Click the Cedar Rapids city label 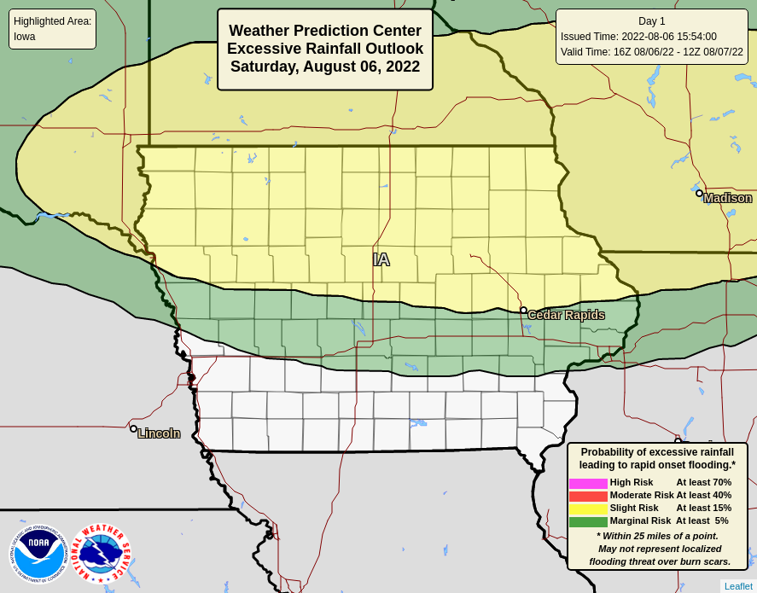pyautogui.click(x=566, y=315)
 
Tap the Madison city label pyautogui.click(x=727, y=198)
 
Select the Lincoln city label pyautogui.click(x=159, y=433)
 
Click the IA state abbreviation pyautogui.click(x=381, y=259)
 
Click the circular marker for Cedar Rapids pyautogui.click(x=523, y=311)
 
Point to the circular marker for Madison pyautogui.click(x=699, y=193)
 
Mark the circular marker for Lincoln pyautogui.click(x=133, y=428)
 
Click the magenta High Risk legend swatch pyautogui.click(x=588, y=483)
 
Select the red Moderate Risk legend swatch pyautogui.click(x=588, y=496)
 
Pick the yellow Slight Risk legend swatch pyautogui.click(x=588, y=509)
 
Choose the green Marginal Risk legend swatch pyautogui.click(x=588, y=521)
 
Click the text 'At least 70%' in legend pyautogui.click(x=703, y=482)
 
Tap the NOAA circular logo pyautogui.click(x=38, y=554)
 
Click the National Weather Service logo pyautogui.click(x=101, y=554)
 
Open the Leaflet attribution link pyautogui.click(x=738, y=586)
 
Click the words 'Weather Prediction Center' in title pyautogui.click(x=324, y=31)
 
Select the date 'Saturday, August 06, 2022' pyautogui.click(x=324, y=67)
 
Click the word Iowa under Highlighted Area pyautogui.click(x=25, y=37)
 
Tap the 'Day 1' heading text pyautogui.click(x=651, y=21)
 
